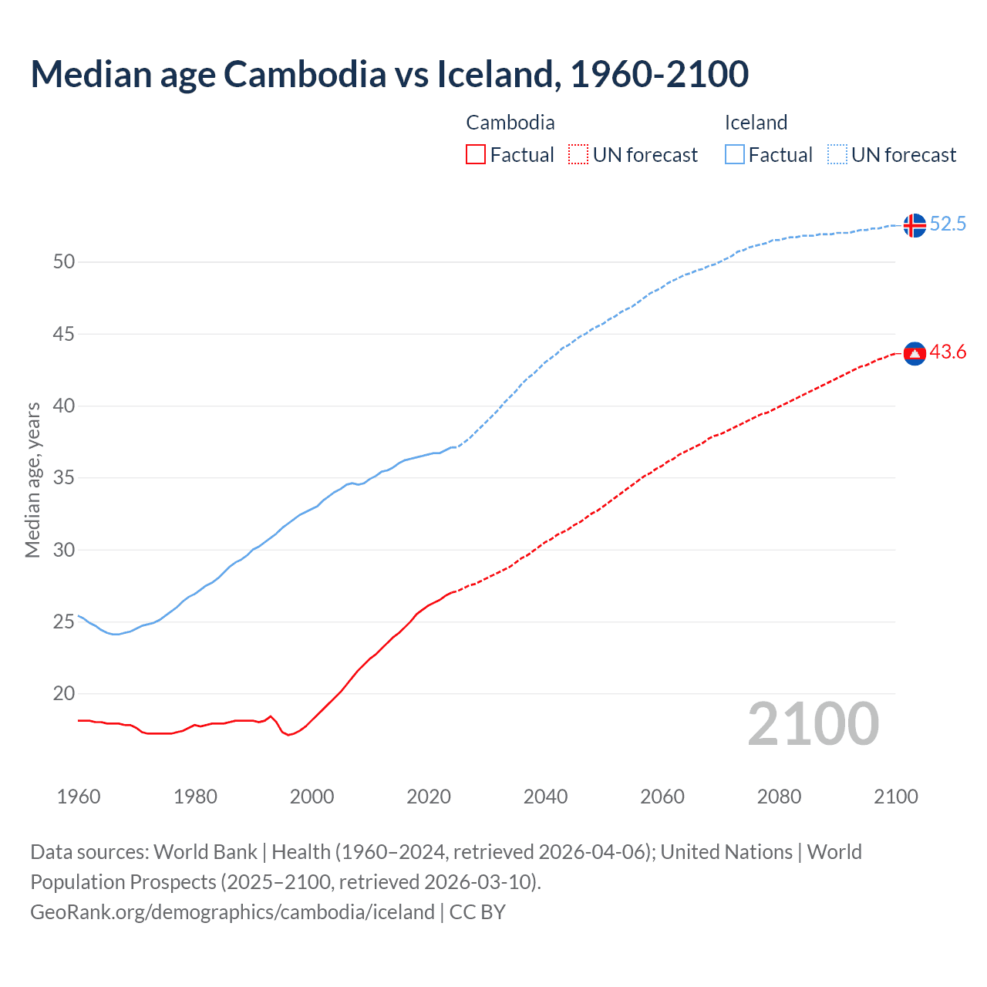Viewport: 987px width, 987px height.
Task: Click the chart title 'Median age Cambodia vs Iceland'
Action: (x=389, y=74)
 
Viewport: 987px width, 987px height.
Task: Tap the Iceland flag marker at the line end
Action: (x=915, y=225)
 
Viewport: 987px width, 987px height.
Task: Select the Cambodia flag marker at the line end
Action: (x=915, y=353)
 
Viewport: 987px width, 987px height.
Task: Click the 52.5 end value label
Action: (x=948, y=224)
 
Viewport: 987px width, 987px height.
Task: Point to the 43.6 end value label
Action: (x=948, y=352)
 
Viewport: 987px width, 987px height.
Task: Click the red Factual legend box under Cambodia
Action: (x=476, y=155)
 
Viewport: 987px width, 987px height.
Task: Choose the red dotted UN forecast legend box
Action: (x=578, y=155)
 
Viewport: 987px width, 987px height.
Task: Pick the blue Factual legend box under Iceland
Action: (x=735, y=155)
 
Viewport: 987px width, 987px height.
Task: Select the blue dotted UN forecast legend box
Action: (x=837, y=155)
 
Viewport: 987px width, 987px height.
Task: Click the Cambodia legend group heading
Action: (x=510, y=123)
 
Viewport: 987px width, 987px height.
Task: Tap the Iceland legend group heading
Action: (x=756, y=123)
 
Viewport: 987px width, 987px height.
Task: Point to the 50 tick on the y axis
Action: (x=64, y=262)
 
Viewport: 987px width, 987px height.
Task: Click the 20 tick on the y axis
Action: (x=64, y=694)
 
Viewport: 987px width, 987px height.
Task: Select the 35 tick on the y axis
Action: (x=64, y=478)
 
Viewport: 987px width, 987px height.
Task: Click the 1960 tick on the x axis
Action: (x=79, y=797)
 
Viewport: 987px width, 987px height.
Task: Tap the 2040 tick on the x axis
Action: (x=545, y=797)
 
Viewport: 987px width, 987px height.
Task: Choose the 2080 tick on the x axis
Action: (x=779, y=797)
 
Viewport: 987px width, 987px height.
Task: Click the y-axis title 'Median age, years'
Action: (x=32, y=480)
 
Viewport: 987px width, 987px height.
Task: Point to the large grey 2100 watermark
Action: (x=813, y=724)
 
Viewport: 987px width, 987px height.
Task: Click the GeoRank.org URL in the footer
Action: (x=232, y=912)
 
